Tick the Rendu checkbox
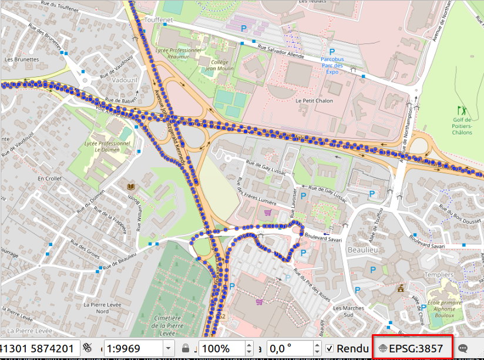(x=330, y=348)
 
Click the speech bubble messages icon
(x=463, y=348)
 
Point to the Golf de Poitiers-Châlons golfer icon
(x=462, y=110)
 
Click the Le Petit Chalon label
(x=314, y=100)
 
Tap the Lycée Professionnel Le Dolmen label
(x=107, y=146)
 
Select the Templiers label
(x=439, y=274)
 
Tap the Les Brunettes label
(x=21, y=59)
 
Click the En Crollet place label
(x=49, y=178)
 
